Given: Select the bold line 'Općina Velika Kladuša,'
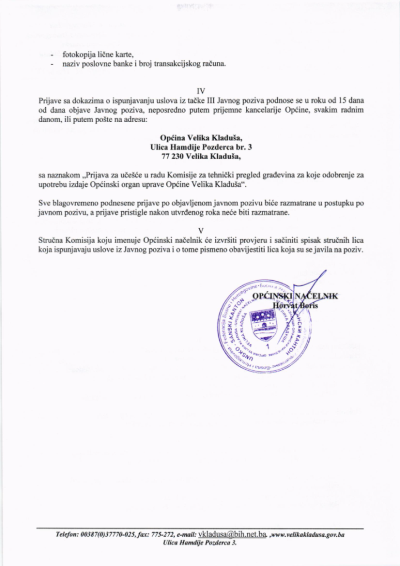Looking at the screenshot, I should [200, 138].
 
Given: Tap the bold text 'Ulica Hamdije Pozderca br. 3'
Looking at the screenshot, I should [200, 148].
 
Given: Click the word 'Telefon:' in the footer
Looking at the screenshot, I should [67, 535].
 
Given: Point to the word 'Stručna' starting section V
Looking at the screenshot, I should [51, 241].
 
